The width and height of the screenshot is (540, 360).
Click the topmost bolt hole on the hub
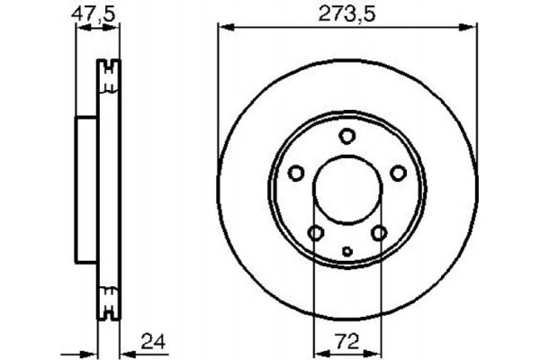[x=347, y=136]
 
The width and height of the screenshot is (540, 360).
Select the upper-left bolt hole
[x=295, y=174]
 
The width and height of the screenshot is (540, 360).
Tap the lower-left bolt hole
[x=315, y=234]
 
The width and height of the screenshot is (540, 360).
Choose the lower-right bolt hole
[x=379, y=234]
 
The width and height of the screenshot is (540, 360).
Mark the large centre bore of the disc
[x=347, y=191]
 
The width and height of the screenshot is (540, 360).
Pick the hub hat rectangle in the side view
[x=85, y=191]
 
